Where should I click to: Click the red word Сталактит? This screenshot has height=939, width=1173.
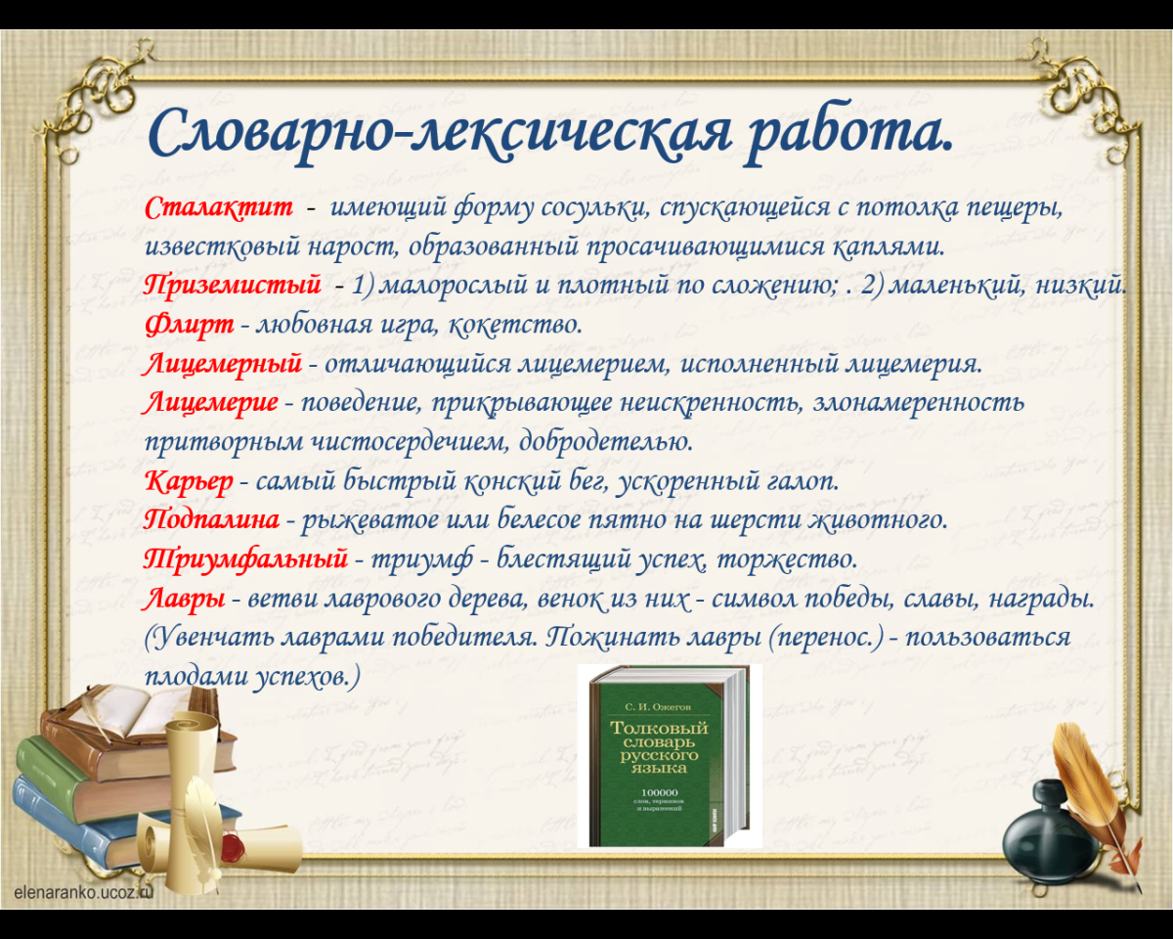click(219, 208)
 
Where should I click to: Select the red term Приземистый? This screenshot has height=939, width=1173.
click(233, 286)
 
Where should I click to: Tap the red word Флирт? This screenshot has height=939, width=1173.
click(189, 326)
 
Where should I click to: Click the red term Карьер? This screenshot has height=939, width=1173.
click(189, 481)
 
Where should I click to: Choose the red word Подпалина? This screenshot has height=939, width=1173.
click(212, 519)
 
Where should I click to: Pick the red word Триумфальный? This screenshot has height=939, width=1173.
click(245, 559)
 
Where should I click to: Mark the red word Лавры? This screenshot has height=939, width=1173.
click(185, 599)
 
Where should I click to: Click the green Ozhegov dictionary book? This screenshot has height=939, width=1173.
click(668, 757)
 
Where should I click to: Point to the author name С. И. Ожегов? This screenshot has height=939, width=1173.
click(658, 707)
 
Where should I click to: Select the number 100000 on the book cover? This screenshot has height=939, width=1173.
click(659, 792)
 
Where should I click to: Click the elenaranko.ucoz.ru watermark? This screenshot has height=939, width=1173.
click(83, 892)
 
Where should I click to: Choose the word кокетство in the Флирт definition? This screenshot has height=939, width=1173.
click(516, 325)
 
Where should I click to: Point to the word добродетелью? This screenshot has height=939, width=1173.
click(606, 441)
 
